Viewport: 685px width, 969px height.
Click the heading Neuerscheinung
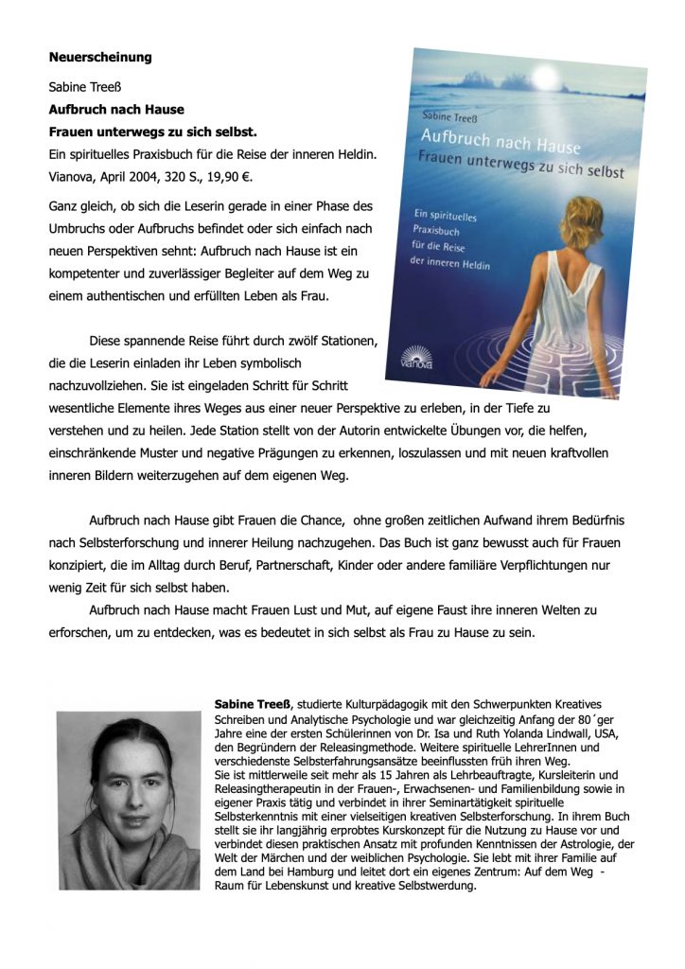tap(99, 57)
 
